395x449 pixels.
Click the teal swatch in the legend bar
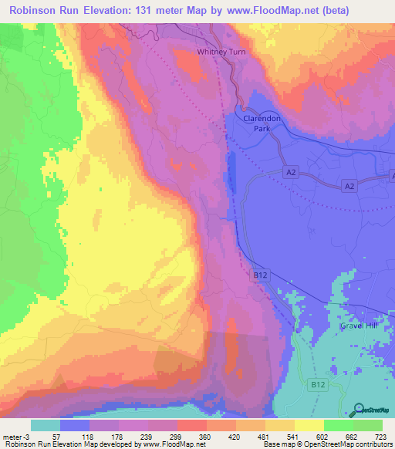[x=46, y=426]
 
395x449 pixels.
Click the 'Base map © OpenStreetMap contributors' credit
[x=327, y=444]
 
